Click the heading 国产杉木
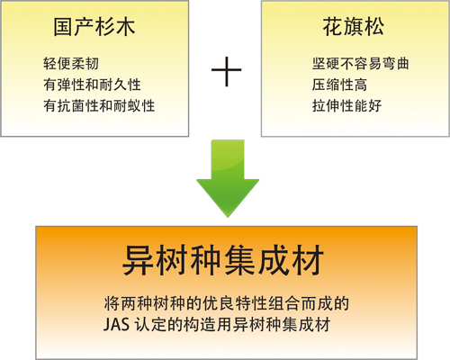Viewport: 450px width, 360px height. (94, 27)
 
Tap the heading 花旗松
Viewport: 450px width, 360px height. (353, 27)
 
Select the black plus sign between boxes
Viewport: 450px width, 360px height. (227, 71)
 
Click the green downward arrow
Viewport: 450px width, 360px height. (228, 178)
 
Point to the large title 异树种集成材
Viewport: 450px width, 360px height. (223, 260)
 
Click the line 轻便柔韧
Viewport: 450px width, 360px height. (71, 64)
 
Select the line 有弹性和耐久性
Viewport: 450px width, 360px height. (92, 85)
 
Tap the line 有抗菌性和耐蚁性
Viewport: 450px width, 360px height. (99, 106)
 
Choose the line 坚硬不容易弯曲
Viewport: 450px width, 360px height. (360, 64)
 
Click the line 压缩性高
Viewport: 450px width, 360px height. (339, 85)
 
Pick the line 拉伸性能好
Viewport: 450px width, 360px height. (346, 106)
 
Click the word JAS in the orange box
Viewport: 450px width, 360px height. (116, 325)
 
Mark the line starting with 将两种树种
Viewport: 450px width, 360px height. (227, 303)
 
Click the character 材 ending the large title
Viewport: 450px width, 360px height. (308, 260)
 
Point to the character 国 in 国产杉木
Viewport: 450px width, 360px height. (63, 27)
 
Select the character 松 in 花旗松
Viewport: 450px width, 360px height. (374, 27)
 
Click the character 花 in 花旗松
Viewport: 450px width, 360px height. (332, 27)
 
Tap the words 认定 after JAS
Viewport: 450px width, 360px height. (149, 325)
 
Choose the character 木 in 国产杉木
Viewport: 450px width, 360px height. (125, 27)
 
